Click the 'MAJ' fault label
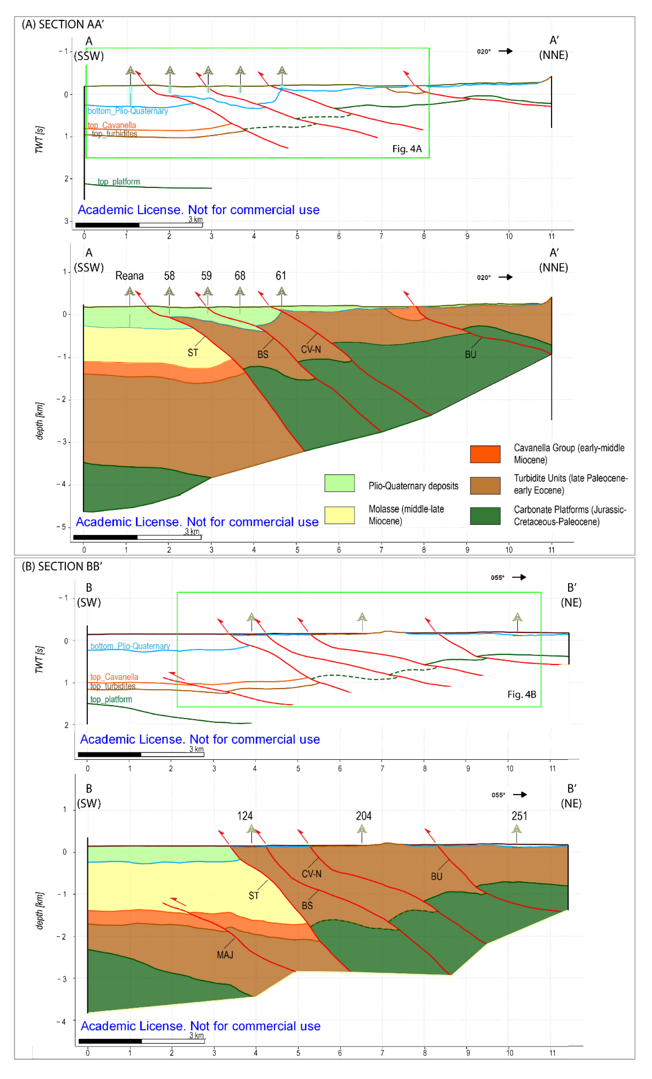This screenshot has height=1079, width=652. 225,955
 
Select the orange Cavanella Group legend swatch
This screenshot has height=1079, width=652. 485,454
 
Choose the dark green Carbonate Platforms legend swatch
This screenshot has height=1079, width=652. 485,516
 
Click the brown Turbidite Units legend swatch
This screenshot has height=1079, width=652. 485,486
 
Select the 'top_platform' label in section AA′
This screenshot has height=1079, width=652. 119,182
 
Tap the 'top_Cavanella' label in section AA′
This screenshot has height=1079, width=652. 112,125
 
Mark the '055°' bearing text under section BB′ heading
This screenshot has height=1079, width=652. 497,578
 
